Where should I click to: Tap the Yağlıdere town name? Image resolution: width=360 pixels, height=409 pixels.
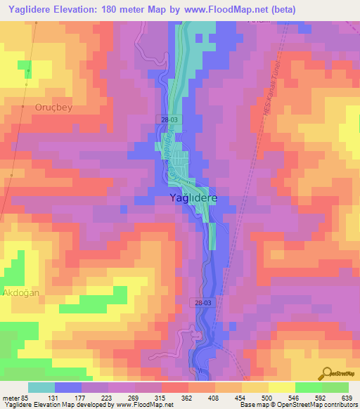coord(194,199)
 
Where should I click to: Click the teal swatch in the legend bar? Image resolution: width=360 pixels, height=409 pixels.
coord(41,387)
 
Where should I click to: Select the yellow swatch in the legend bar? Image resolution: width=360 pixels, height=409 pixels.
coord(282,387)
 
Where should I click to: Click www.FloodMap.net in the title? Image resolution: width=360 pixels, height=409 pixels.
coord(230,10)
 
